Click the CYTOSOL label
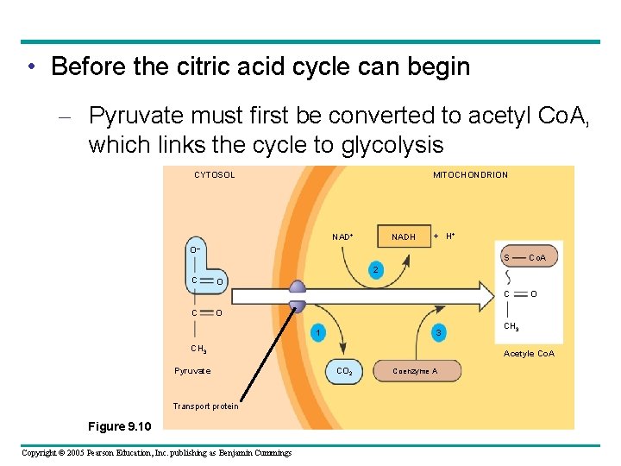coord(214,175)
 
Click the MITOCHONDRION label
coord(470,175)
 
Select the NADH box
coord(404,236)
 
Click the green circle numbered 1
coord(319,333)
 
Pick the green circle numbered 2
coord(374,271)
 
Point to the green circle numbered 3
coord(438,333)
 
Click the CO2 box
coord(343,371)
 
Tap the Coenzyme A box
coord(415,371)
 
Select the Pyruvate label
coord(192,371)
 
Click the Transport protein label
coord(205,406)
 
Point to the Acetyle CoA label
coord(529,354)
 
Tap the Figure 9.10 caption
coord(120,426)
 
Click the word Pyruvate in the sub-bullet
coord(139,116)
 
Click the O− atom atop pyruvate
coord(196,250)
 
